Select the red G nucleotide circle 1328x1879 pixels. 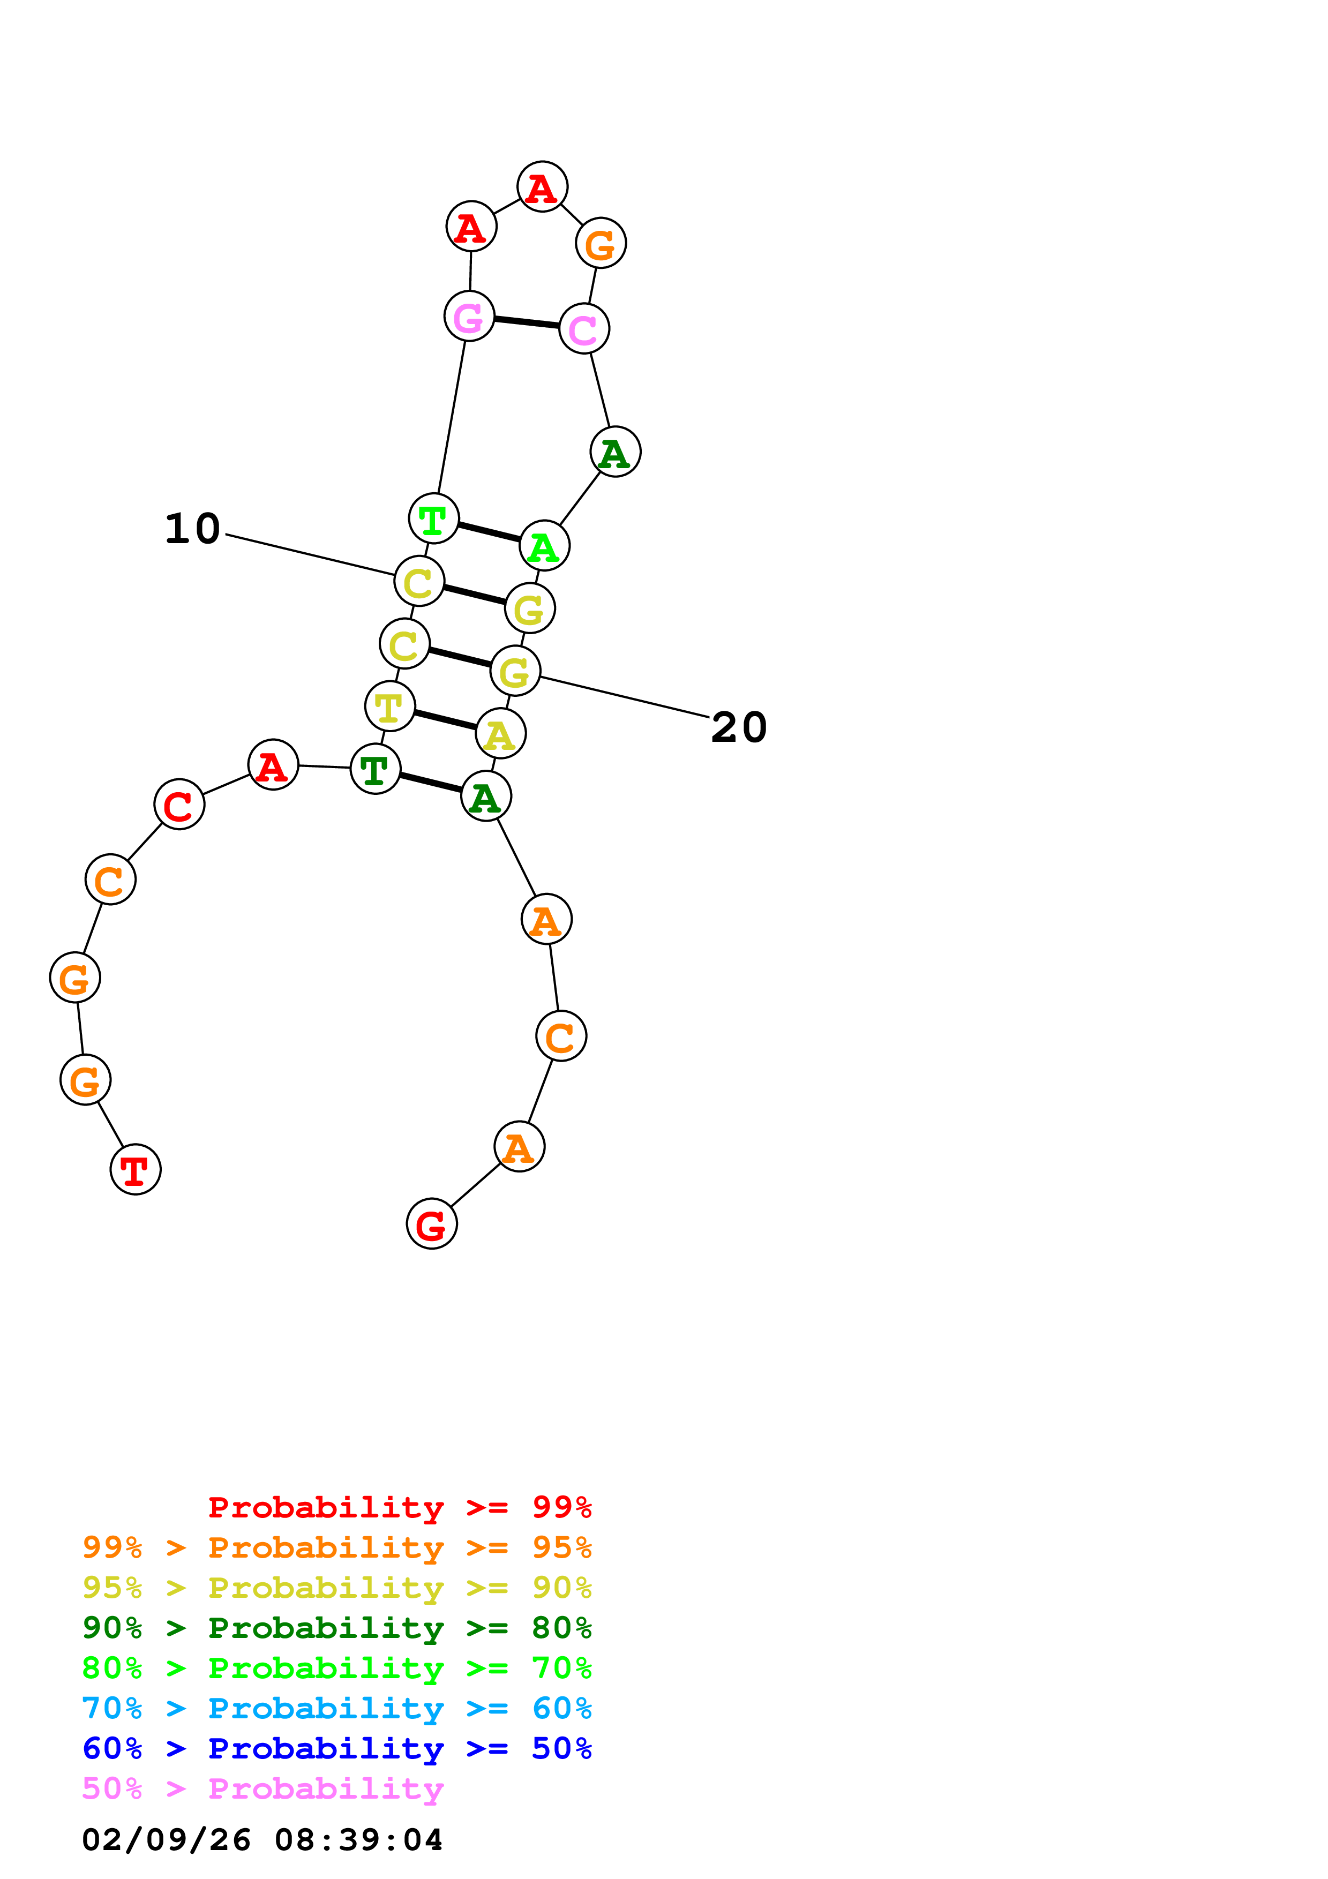click(431, 1224)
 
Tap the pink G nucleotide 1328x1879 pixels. click(469, 316)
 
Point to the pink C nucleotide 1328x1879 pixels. click(583, 329)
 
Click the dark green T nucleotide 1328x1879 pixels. click(375, 769)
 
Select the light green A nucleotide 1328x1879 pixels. click(544, 546)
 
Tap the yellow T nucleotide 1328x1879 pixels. click(389, 706)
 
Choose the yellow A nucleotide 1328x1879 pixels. click(500, 734)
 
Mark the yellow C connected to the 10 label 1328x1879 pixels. click(419, 582)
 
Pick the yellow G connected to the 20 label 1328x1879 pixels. click(515, 671)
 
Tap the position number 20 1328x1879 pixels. click(739, 727)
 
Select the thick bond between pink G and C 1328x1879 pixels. click(526, 322)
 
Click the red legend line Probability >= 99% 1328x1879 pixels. click(399, 1507)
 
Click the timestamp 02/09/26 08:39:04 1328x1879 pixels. click(262, 1840)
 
